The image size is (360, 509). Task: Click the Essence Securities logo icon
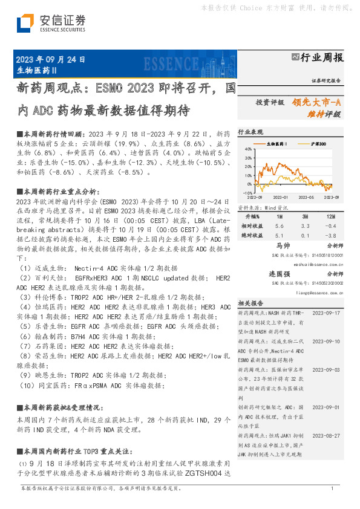click(24, 23)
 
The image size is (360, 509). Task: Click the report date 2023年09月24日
click(50, 60)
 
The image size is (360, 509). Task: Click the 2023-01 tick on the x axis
click(281, 196)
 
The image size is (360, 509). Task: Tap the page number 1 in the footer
click(332, 488)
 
